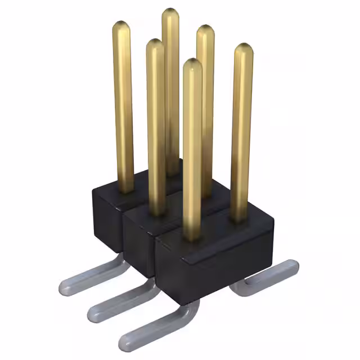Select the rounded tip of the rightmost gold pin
[244, 48]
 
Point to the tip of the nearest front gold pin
[192, 63]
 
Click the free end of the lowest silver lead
[125, 341]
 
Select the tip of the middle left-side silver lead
[93, 310]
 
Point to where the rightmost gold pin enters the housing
[240, 217]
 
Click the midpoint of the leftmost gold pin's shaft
[123, 107]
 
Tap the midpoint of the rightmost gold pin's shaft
[242, 132]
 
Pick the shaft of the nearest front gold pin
[192, 152]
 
